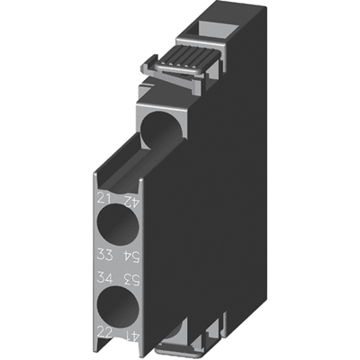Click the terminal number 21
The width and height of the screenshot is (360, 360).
[103, 199]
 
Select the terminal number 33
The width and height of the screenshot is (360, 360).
[104, 256]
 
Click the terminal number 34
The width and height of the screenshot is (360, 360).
[104, 278]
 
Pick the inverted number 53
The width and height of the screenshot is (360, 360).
[132, 279]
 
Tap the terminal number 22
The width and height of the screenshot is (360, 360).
[104, 332]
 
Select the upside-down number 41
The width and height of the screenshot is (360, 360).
[132, 333]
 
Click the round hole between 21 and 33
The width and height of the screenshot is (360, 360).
[118, 224]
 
